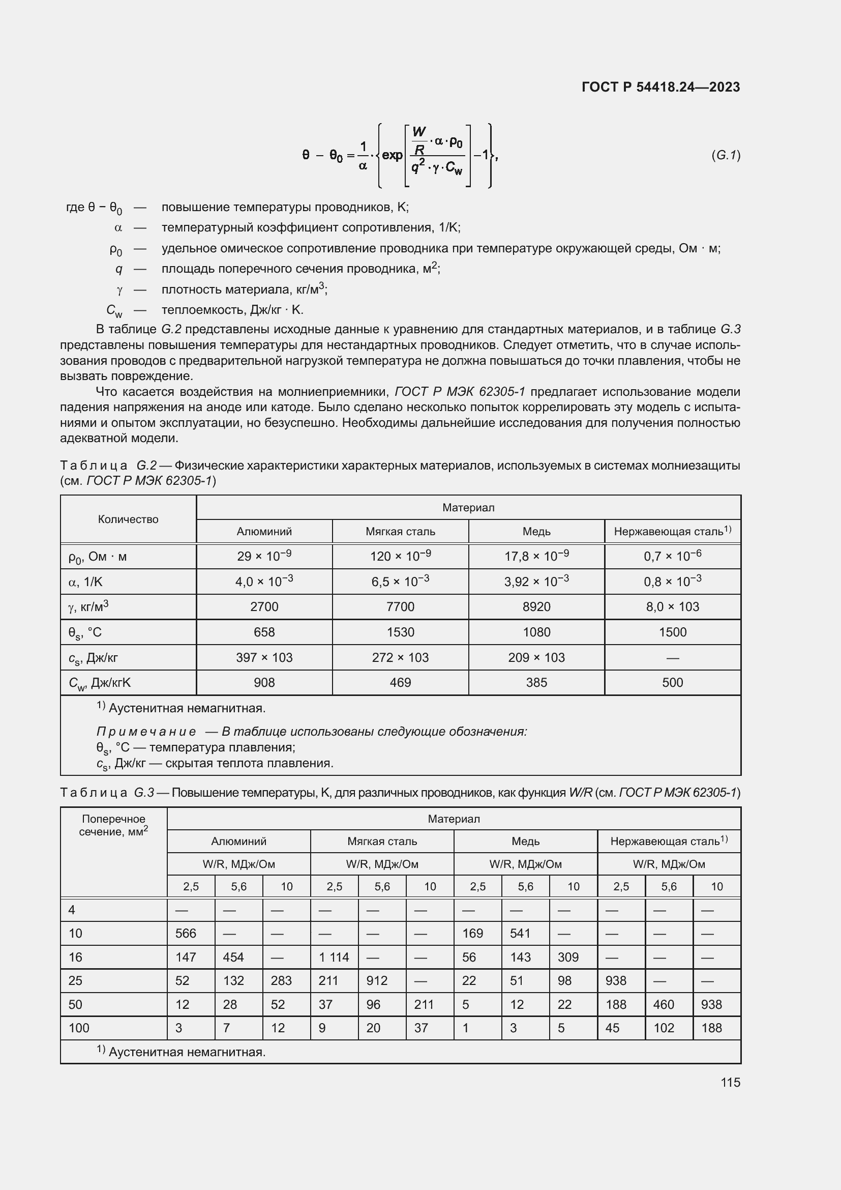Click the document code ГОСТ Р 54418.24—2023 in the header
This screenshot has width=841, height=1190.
[x=660, y=87]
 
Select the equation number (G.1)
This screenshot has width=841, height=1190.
[x=726, y=155]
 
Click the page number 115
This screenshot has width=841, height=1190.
[x=730, y=1082]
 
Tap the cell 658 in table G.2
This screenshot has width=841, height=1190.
[x=264, y=632]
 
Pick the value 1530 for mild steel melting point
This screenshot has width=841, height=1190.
[x=400, y=632]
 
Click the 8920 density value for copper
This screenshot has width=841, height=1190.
[x=536, y=607]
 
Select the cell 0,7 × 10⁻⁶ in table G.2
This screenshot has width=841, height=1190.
[x=672, y=556]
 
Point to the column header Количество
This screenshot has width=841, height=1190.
[x=128, y=519]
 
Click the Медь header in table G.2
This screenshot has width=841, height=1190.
[x=536, y=532]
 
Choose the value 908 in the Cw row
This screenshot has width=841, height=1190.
[x=264, y=683]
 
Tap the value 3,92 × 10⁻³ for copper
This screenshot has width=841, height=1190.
[x=536, y=582]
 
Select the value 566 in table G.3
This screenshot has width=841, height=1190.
[x=186, y=934]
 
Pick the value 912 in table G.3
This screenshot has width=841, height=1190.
[x=376, y=980]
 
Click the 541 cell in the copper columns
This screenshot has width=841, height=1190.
[x=520, y=934]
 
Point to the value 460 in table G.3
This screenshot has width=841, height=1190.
[x=664, y=1004]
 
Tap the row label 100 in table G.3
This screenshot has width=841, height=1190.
[x=79, y=1028]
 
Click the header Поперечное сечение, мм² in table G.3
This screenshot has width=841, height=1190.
[x=113, y=826]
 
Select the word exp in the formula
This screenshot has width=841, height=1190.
[x=392, y=155]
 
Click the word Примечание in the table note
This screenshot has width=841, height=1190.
[x=146, y=732]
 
